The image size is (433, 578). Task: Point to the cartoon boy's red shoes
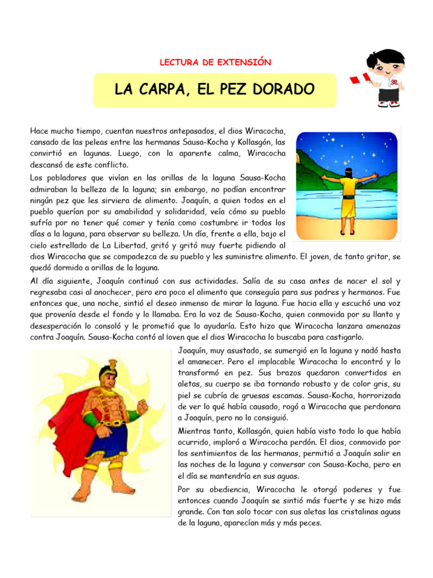point(388,104)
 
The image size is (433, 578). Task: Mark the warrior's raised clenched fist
point(142,405)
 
